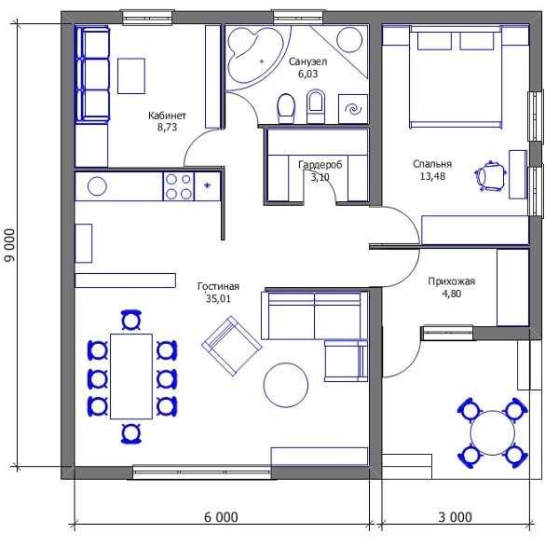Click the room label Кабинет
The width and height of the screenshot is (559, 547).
tap(167, 116)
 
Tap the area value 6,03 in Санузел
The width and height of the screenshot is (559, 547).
tap(308, 74)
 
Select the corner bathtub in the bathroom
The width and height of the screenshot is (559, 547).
tap(253, 53)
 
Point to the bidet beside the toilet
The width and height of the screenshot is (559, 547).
tap(316, 106)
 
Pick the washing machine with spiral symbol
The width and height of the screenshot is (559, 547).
tap(353, 109)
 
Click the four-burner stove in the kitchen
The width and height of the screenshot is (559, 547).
tap(179, 186)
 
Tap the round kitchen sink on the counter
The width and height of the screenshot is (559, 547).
tap(97, 186)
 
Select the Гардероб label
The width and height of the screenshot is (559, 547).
tap(320, 164)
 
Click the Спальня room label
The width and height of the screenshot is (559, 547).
tap(432, 164)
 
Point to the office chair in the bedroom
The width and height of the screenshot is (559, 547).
tap(491, 175)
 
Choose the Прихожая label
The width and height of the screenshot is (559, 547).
tap(452, 281)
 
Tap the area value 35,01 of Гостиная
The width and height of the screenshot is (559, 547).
tap(218, 298)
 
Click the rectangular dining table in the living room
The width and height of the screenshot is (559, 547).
tap(131, 376)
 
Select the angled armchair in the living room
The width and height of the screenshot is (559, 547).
tap(232, 346)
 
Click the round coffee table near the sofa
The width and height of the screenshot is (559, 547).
tap(286, 385)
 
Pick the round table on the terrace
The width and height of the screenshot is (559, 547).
tap(492, 432)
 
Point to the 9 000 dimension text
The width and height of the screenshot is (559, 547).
tap(10, 245)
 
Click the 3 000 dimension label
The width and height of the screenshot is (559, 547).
tap(456, 517)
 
